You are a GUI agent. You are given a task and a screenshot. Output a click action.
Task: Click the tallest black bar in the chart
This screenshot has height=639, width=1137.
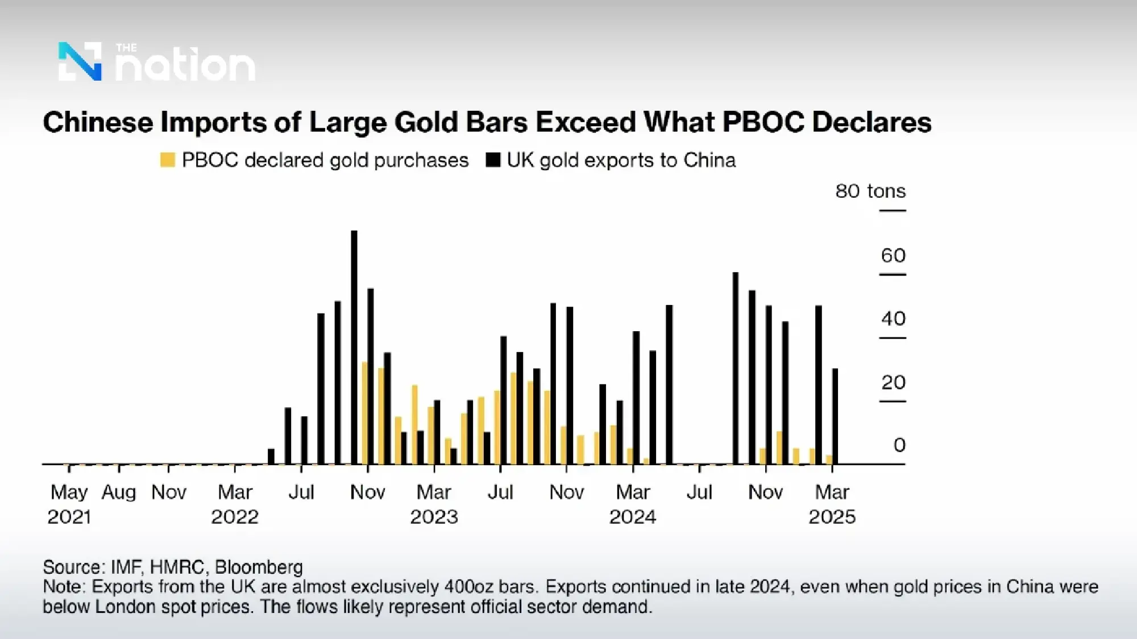(354, 346)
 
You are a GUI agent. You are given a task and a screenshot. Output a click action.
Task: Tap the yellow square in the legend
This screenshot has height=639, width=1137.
(167, 160)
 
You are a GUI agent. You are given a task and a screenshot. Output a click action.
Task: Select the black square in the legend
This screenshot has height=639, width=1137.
(493, 160)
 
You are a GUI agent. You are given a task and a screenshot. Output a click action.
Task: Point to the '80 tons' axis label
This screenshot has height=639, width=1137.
(870, 191)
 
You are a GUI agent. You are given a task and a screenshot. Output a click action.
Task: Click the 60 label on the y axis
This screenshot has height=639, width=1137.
(893, 256)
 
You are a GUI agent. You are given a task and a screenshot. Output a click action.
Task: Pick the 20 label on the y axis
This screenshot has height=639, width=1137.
(893, 382)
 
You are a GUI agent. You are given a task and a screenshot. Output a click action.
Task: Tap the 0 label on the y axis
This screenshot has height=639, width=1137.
(899, 445)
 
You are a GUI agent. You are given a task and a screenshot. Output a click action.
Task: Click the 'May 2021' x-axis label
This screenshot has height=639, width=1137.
(69, 504)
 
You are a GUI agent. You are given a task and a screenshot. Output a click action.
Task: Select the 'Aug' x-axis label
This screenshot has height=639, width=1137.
(118, 492)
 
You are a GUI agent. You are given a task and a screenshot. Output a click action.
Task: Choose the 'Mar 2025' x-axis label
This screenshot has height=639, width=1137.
(832, 504)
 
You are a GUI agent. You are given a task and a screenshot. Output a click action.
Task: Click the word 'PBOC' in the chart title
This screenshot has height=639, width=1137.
(763, 122)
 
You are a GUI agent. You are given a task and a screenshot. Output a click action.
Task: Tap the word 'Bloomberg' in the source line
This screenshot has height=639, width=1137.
(259, 567)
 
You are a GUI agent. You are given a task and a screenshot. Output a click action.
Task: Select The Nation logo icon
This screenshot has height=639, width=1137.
(80, 61)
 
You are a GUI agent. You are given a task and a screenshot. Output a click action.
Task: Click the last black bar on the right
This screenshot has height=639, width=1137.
(835, 416)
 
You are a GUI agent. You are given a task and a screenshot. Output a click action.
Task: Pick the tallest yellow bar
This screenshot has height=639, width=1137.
(365, 413)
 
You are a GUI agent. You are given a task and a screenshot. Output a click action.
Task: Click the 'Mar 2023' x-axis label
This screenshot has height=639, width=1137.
(434, 504)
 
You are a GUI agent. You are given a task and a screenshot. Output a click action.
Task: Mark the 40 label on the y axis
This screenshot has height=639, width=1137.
(893, 319)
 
